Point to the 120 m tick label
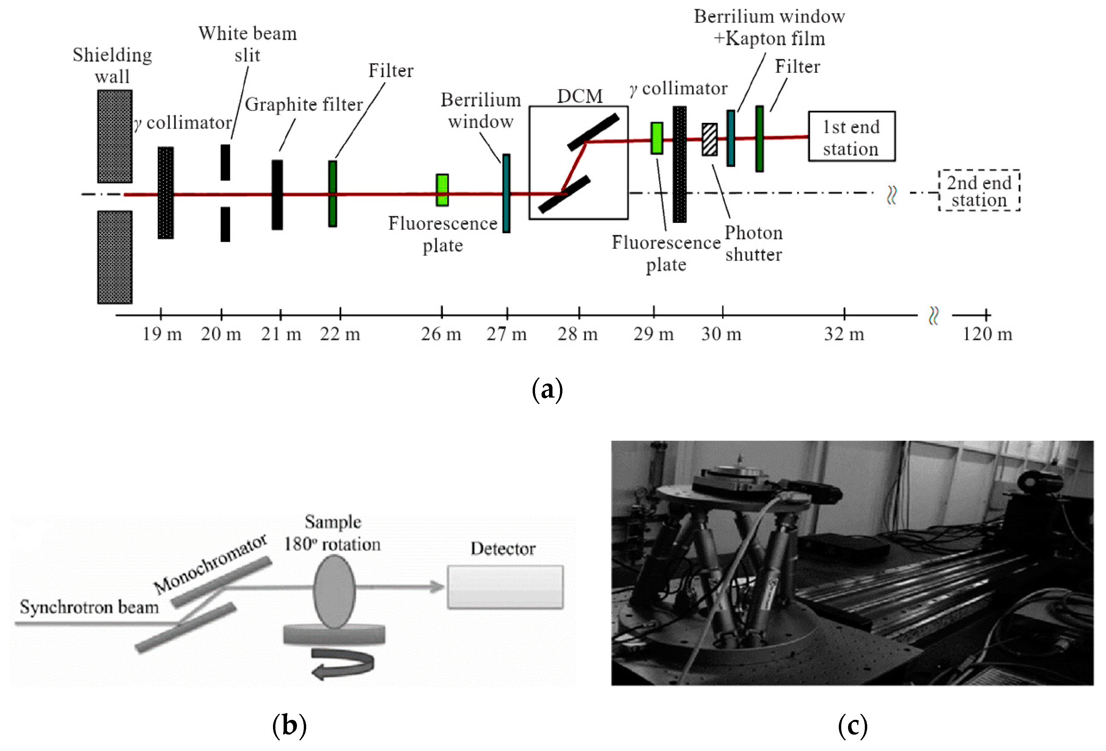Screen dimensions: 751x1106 point(987,334)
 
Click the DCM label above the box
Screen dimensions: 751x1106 point(580,96)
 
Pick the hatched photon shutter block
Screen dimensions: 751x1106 point(709,140)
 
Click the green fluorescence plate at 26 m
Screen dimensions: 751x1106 point(442,190)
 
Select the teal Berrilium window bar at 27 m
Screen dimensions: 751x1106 point(506,193)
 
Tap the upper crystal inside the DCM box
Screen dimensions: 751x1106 point(593,131)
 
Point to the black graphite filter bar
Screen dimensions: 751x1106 point(277,195)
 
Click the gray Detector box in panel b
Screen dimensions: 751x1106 point(505,587)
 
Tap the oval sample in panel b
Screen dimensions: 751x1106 point(334,592)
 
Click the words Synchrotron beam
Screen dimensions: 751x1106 point(89,607)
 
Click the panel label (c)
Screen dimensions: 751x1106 point(853,726)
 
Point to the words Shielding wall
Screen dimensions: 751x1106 point(112,65)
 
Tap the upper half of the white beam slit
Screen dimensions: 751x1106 point(225,162)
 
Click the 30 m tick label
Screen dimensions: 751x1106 point(721,334)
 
